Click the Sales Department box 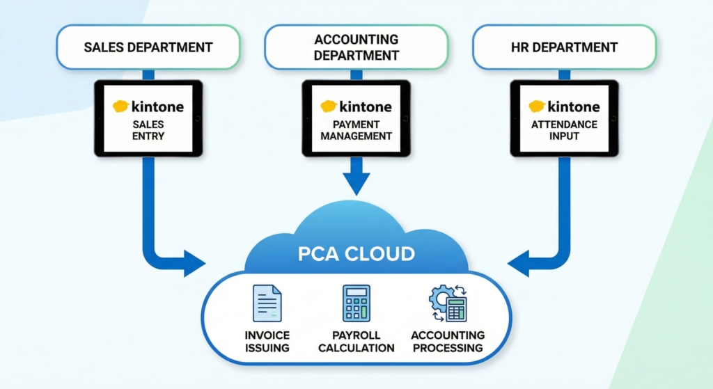[148, 47]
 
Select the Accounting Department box [356, 47]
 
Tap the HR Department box [564, 47]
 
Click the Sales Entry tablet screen [148, 118]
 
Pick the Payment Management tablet [356, 118]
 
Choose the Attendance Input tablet [564, 118]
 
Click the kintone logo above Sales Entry [148, 106]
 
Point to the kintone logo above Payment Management [356, 106]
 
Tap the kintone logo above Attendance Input [564, 106]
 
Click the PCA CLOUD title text [356, 253]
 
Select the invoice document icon [267, 304]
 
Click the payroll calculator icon [356, 303]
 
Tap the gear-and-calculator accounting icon [447, 304]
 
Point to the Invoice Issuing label [267, 341]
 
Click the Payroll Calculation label [356, 341]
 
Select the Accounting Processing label [447, 341]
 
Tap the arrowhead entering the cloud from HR [519, 264]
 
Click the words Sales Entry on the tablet [148, 130]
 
